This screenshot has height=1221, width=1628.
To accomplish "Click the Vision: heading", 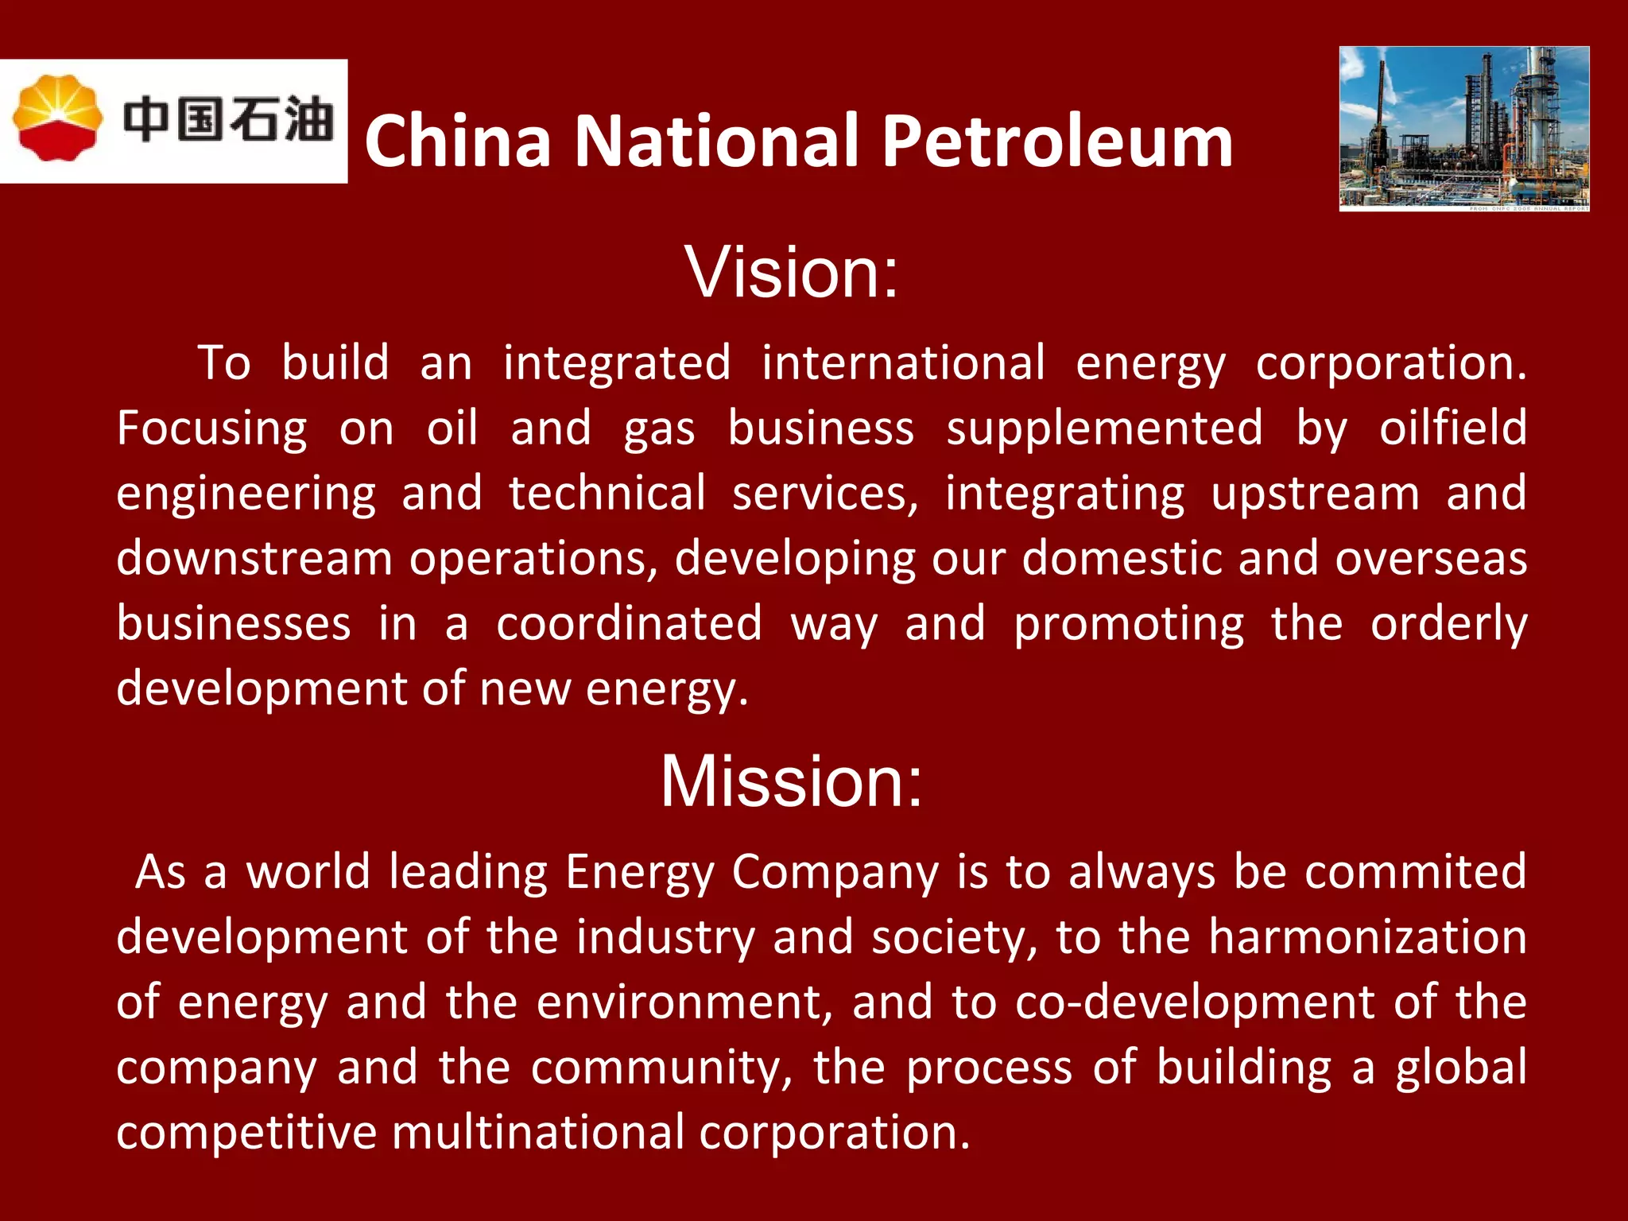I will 792,273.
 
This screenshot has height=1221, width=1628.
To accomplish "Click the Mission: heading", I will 792,781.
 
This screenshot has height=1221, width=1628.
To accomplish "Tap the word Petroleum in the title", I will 1057,141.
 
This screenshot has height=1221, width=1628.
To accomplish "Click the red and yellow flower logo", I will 57,118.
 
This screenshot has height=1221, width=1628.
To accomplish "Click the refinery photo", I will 1464,129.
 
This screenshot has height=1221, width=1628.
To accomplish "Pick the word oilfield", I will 1452,428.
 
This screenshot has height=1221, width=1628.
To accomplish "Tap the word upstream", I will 1315,494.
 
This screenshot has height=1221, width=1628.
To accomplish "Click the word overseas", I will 1430,559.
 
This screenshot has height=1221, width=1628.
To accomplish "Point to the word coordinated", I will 629,624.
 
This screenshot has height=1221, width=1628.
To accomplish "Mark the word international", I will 903,364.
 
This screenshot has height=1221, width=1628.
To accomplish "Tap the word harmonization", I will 1367,937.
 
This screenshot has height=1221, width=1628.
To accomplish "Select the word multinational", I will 537,1132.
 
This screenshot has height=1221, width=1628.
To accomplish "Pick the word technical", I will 607,494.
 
